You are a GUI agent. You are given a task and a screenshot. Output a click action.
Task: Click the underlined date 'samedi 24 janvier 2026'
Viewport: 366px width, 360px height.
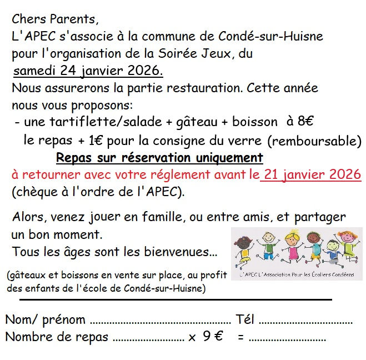click(x=88, y=72)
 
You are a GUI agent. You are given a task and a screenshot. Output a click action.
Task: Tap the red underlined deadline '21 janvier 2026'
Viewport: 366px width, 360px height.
click(x=313, y=175)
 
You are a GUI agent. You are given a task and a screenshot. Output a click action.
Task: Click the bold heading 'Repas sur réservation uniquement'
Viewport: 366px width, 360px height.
click(x=159, y=158)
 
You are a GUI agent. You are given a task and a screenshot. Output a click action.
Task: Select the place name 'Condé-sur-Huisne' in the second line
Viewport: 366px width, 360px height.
click(x=275, y=37)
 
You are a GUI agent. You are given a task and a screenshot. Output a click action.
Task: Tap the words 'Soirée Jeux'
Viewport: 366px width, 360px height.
click(x=197, y=54)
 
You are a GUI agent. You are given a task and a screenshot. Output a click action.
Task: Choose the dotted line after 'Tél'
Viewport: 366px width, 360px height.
click(x=305, y=322)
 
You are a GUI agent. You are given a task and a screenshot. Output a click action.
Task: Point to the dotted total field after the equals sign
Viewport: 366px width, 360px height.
click(x=287, y=338)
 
